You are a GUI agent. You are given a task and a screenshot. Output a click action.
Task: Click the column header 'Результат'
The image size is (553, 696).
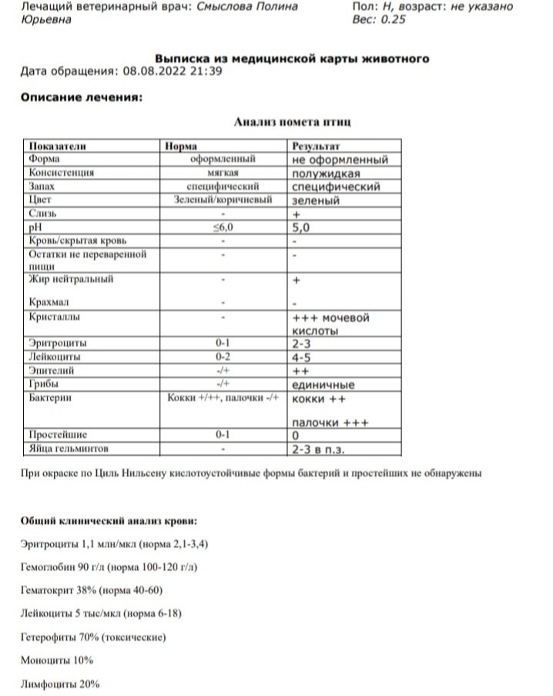[x=316, y=146]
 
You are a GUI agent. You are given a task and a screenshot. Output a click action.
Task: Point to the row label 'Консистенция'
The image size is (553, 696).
[x=61, y=173]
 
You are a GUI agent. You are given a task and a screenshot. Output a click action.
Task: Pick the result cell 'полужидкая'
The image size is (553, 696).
[x=327, y=173]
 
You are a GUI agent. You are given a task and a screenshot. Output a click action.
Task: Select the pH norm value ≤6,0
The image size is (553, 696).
[x=222, y=227]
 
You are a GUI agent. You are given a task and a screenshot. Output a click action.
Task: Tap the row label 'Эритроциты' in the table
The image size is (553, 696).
[x=57, y=343]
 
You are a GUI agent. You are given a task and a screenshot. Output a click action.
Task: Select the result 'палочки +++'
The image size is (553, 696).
[x=331, y=421]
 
